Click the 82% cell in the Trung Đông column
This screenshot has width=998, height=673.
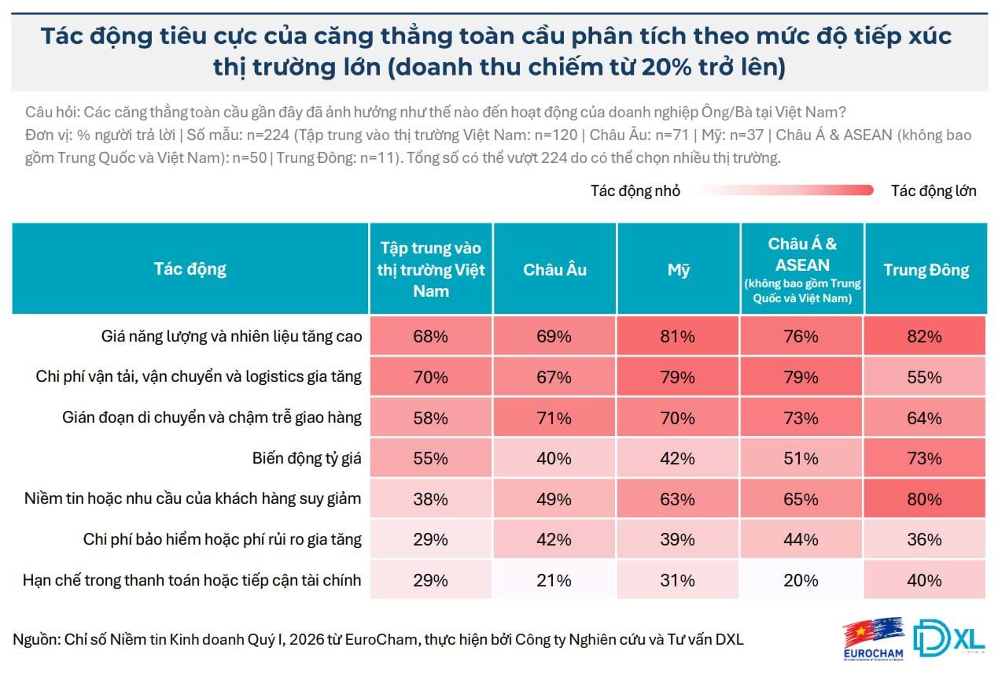point(923,336)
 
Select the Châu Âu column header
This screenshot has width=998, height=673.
point(554,269)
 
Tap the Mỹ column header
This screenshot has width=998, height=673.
point(678,269)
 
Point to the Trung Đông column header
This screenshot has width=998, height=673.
point(926,269)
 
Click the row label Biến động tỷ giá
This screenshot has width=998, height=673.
point(307,458)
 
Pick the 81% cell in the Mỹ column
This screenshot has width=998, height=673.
point(678,336)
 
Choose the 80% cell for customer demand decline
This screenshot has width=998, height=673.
point(923,499)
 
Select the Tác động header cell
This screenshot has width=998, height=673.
point(190,268)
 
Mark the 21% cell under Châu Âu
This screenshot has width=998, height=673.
point(554,581)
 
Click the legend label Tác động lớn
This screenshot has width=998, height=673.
point(934,190)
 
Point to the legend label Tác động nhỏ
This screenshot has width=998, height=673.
point(635,190)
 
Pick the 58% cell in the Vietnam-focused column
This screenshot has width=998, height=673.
point(431,417)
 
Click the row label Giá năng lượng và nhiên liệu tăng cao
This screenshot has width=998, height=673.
point(231,336)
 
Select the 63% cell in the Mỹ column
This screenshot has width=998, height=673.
point(678,499)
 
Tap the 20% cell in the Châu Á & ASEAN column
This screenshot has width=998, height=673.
point(801,581)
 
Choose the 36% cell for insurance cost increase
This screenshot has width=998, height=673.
point(923,540)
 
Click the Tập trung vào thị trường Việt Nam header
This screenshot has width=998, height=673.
point(431,269)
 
